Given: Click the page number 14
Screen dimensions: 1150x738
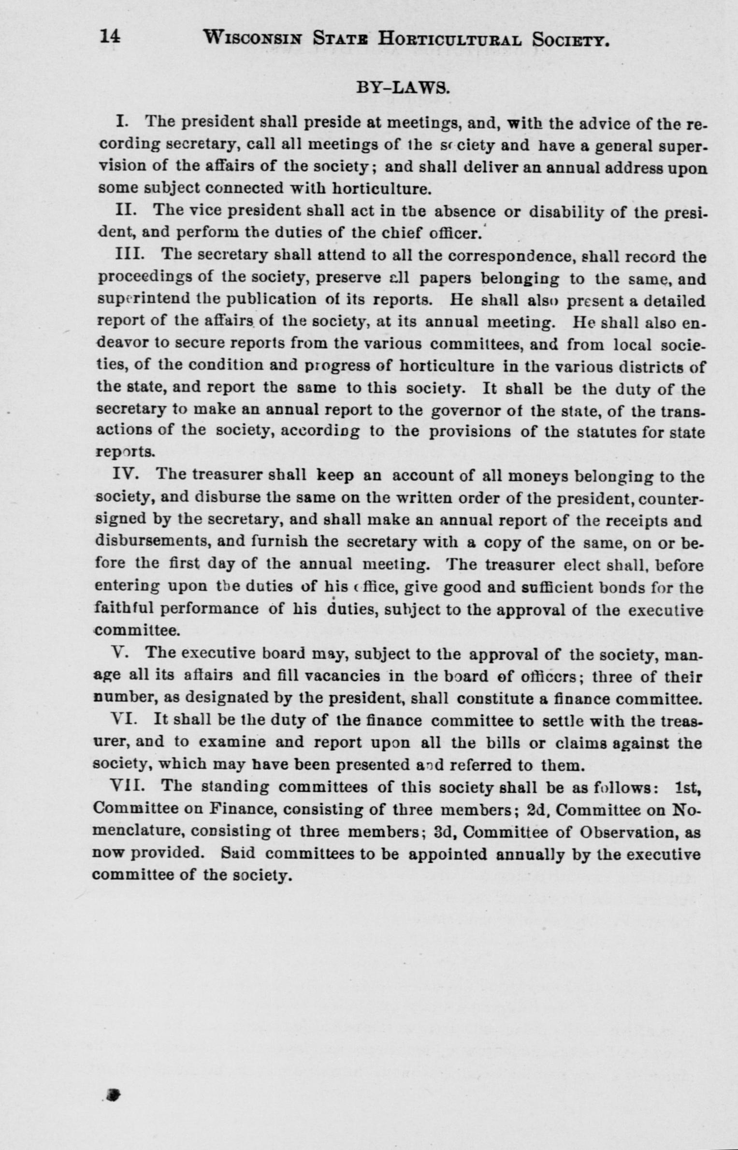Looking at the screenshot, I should [110, 37].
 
